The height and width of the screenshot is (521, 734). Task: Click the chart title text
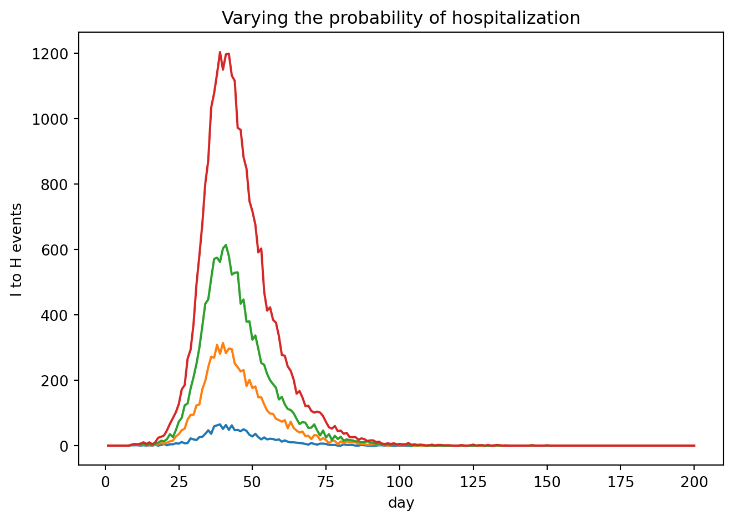401,18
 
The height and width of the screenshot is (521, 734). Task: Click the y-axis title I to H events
17,249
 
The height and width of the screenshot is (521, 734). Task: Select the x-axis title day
401,503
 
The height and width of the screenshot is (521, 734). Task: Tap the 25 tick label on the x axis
179,483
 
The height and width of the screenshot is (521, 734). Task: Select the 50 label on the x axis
252,483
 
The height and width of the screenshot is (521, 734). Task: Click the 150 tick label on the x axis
547,483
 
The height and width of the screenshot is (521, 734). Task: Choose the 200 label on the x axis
694,483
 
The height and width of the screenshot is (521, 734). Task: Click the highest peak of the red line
220,52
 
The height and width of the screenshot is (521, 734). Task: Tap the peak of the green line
226,244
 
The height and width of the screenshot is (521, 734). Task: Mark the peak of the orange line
223,343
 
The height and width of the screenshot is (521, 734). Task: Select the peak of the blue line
220,424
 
